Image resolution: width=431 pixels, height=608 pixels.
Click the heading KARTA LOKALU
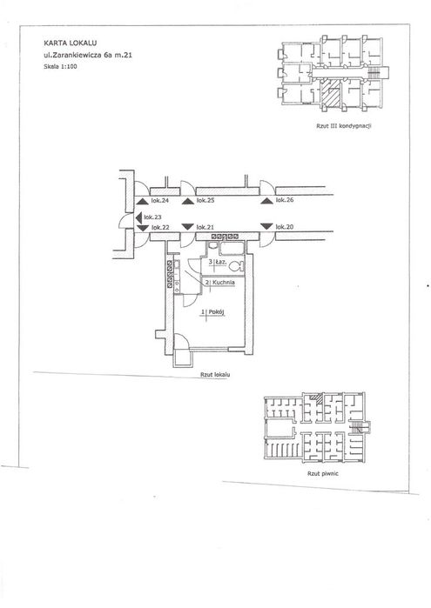pyautogui.click(x=71, y=43)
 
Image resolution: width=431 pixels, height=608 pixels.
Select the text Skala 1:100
pyautogui.click(x=61, y=66)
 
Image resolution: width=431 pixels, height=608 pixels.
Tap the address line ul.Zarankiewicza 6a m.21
pyautogui.click(x=88, y=55)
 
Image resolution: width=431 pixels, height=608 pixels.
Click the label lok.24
pyautogui.click(x=159, y=200)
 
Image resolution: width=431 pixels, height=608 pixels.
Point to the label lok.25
pyautogui.click(x=205, y=200)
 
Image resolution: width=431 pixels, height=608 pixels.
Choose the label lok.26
pyautogui.click(x=285, y=200)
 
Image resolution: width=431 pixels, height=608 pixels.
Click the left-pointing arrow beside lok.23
pyautogui.click(x=138, y=217)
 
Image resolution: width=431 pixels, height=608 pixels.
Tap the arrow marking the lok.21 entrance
pyautogui.click(x=188, y=226)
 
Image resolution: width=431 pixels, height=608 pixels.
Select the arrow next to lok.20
pyautogui.click(x=266, y=226)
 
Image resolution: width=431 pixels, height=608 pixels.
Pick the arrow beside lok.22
pyautogui.click(x=143, y=228)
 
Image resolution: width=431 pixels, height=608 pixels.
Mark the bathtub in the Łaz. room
pyautogui.click(x=232, y=248)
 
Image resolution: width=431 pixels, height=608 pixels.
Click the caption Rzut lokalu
pyautogui.click(x=215, y=375)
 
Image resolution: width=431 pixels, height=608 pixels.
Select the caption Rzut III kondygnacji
pyautogui.click(x=344, y=125)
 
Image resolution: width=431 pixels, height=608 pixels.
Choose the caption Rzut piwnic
pyautogui.click(x=323, y=473)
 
